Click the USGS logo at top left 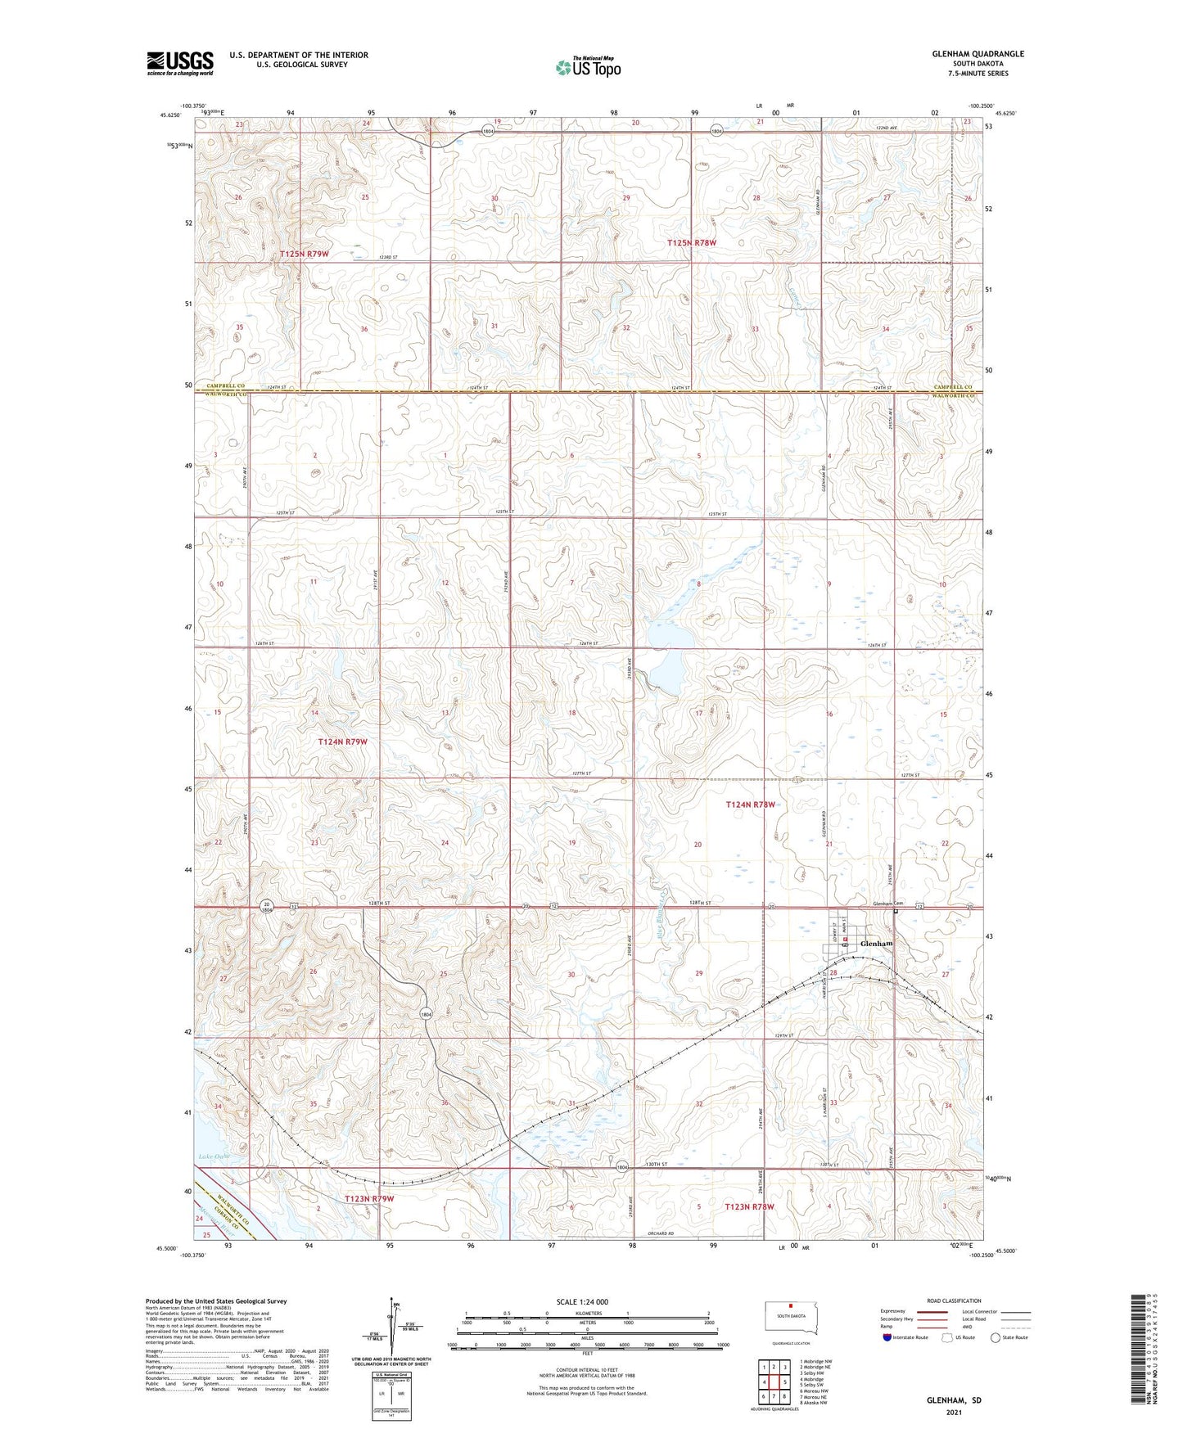point(180,63)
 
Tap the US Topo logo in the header point(588,67)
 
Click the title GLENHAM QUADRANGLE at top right point(978,54)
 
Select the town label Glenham point(876,944)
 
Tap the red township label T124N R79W point(342,742)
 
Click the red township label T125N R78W point(692,243)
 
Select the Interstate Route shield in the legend point(888,1337)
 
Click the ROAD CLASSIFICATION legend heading point(955,1301)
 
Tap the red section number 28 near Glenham point(833,973)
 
